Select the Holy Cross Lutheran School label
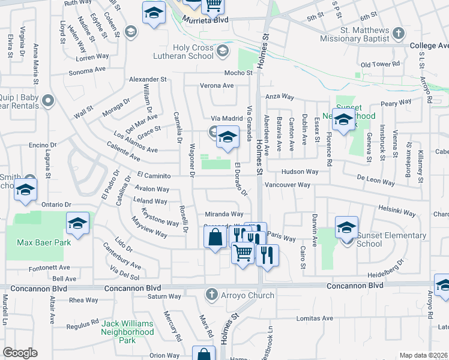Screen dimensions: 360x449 193,52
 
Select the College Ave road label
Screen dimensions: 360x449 429,46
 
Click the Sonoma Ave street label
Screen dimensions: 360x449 88,70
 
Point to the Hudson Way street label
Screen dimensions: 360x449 299,172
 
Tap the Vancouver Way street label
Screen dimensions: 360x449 287,185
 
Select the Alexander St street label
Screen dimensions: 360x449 148,79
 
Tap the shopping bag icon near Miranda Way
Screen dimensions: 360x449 215,238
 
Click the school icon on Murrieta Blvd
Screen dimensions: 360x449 154,12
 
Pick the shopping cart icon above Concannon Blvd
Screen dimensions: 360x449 243,253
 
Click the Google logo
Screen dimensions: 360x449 20,353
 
